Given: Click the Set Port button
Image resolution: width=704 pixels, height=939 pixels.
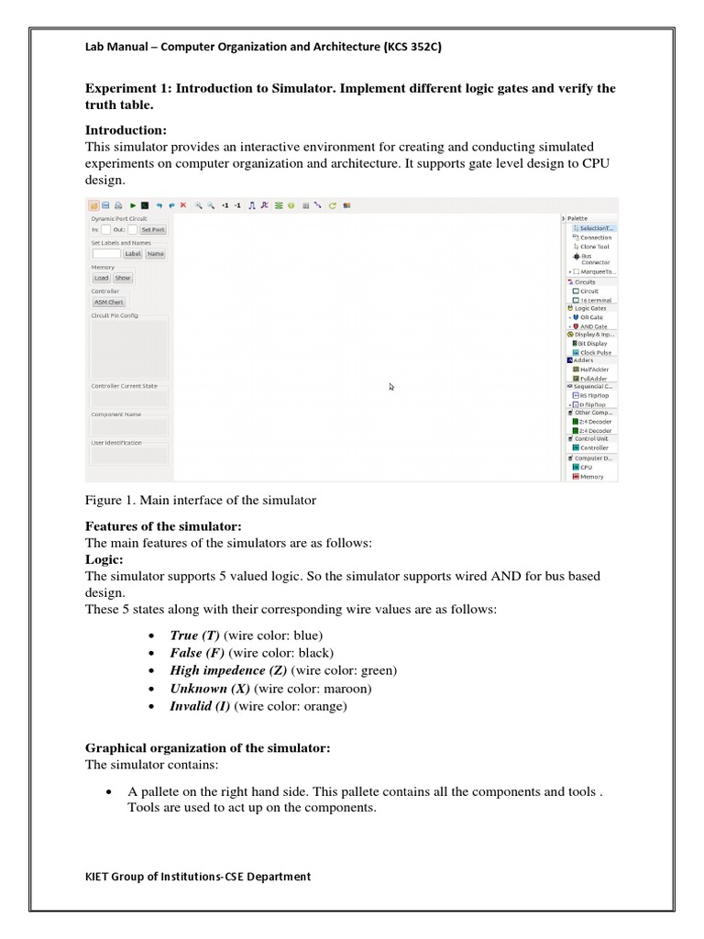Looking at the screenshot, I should [x=153, y=229].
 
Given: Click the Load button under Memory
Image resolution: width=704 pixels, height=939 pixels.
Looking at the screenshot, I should [x=101, y=278].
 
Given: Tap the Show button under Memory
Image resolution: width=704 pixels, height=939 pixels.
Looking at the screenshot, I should [x=122, y=278].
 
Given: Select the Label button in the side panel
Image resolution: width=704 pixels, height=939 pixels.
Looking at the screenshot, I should [x=133, y=253].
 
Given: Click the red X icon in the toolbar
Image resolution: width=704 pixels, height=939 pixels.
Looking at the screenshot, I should [x=182, y=205].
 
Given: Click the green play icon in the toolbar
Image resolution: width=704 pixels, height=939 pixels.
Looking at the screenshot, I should [x=133, y=205].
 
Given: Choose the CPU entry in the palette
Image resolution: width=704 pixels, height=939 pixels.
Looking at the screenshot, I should [x=586, y=467].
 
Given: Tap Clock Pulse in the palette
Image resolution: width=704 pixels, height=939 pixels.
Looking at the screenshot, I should [x=597, y=352].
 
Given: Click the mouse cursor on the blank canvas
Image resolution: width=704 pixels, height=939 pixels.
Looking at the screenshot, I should [x=391, y=387].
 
